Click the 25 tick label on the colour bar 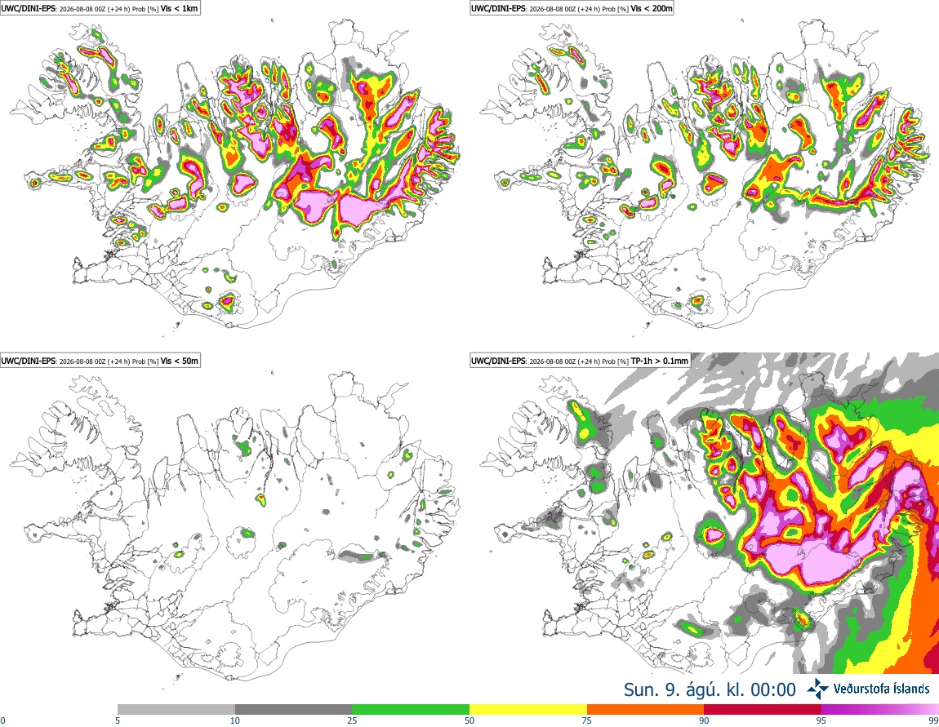point(352,720)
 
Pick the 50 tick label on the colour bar point(469,720)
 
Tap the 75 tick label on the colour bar point(587,720)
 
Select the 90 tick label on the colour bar point(704,720)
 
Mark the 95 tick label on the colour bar point(821,720)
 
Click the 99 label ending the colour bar point(933,720)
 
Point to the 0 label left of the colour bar point(3,720)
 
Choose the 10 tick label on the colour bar point(235,720)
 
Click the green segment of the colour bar point(411,710)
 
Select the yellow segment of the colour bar point(528,710)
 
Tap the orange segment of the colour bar point(646,710)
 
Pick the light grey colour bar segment point(176,710)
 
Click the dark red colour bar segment point(763,710)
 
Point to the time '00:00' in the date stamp point(773,690)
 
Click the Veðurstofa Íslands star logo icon point(817,689)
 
